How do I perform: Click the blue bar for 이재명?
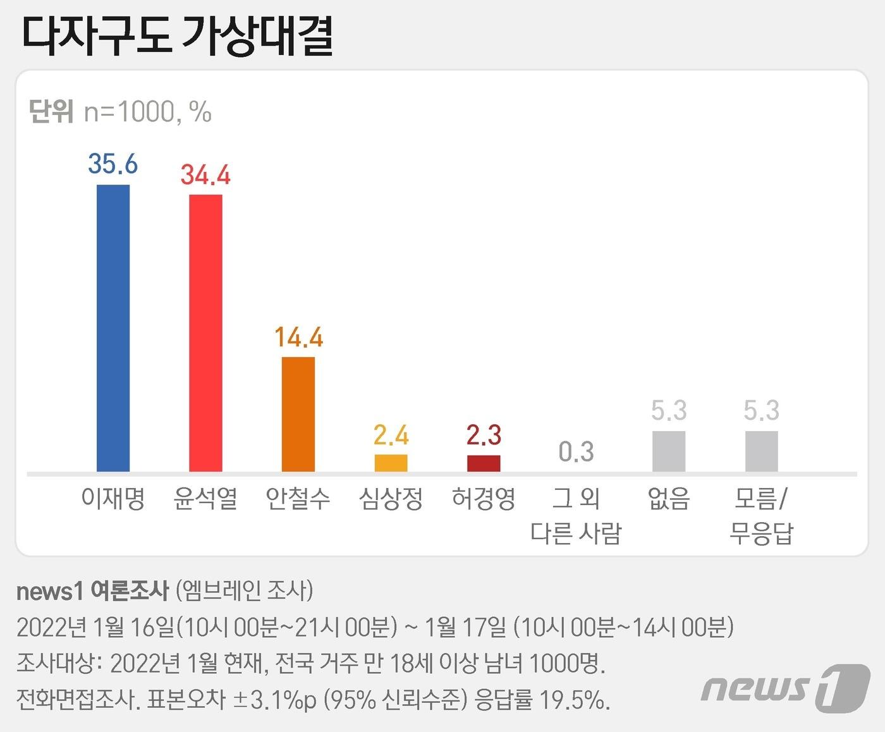click(113, 328)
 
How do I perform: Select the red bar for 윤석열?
click(205, 333)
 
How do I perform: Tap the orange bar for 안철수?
click(298, 414)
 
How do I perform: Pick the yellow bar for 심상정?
click(391, 463)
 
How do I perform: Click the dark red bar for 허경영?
click(484, 463)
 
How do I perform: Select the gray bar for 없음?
click(669, 451)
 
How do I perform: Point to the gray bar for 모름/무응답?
click(761, 451)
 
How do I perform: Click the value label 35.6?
click(113, 164)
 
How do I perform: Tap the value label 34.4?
click(205, 174)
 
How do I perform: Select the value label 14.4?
click(298, 338)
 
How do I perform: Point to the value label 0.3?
click(576, 452)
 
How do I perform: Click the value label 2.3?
click(484, 436)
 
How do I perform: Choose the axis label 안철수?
click(298, 499)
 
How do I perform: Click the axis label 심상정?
click(391, 499)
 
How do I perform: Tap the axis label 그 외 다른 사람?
click(576, 516)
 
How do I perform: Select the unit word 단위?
click(51, 112)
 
